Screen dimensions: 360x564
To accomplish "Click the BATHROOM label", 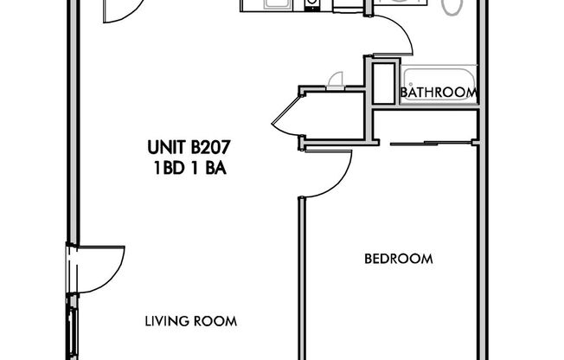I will click(439, 93).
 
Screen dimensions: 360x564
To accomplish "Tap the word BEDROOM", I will click(398, 259).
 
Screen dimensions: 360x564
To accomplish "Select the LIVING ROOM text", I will click(191, 322).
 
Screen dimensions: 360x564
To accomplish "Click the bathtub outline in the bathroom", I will click(439, 84).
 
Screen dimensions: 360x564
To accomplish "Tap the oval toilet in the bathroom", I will click(453, 7).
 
